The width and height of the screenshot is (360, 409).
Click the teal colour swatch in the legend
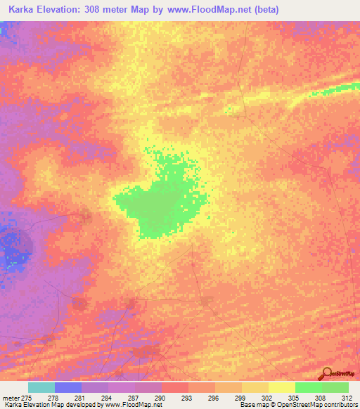click(x=41, y=387)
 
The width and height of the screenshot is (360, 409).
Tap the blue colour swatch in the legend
click(x=67, y=387)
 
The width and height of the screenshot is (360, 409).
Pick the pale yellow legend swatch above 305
click(x=281, y=387)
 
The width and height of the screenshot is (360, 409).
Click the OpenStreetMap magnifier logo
click(x=326, y=374)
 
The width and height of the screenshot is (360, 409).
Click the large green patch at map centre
click(x=158, y=204)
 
